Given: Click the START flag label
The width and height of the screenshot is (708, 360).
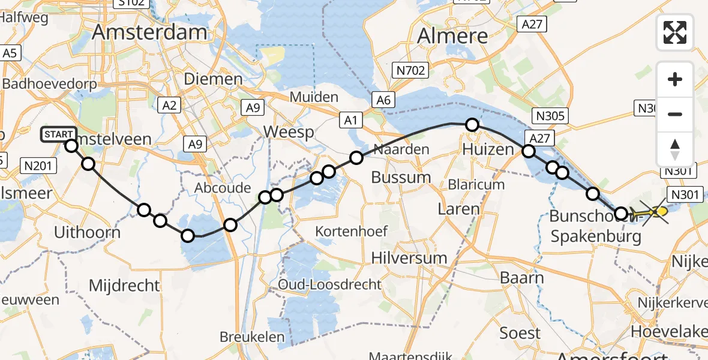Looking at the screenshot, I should point(58,134).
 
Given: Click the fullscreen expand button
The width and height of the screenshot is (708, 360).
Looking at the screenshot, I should point(675,32).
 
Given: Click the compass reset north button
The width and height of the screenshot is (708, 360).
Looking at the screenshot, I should point(675,149).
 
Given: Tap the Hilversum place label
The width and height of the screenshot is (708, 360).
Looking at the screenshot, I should point(409,258).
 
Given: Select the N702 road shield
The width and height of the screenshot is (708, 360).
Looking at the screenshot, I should point(410,71).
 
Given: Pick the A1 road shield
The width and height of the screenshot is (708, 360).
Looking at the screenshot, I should point(350,121).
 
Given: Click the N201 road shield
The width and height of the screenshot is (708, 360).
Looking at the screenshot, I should point(38,164).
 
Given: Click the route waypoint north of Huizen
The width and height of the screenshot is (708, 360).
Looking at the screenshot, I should point(472,125).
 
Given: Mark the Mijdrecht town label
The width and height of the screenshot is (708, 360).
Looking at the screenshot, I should point(124,285).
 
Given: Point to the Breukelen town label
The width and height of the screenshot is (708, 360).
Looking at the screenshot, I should point(252,337).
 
